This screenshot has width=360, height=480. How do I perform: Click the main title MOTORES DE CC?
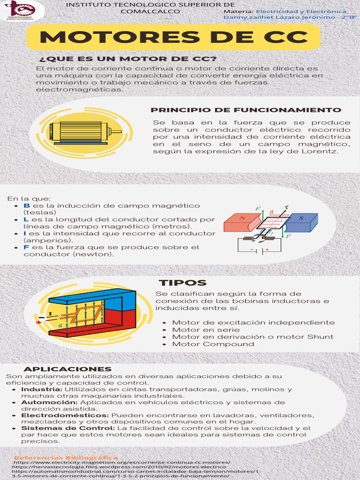click(x=173, y=37)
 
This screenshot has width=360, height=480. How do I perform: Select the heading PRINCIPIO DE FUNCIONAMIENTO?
click(x=246, y=110)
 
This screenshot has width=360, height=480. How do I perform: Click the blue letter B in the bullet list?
click(x=27, y=206)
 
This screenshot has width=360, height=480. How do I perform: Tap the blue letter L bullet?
click(x=26, y=219)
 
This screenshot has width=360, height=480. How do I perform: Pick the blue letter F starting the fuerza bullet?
click(x=26, y=247)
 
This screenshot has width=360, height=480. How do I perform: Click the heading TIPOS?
click(x=182, y=283)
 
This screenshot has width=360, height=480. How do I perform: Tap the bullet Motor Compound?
click(x=207, y=344)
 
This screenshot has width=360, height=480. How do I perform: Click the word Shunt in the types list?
click(x=320, y=337)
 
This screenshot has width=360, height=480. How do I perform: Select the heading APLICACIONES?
click(x=67, y=369)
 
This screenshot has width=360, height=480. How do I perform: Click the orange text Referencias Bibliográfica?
click(x=66, y=457)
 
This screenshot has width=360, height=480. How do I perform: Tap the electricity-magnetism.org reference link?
click(x=121, y=462)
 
